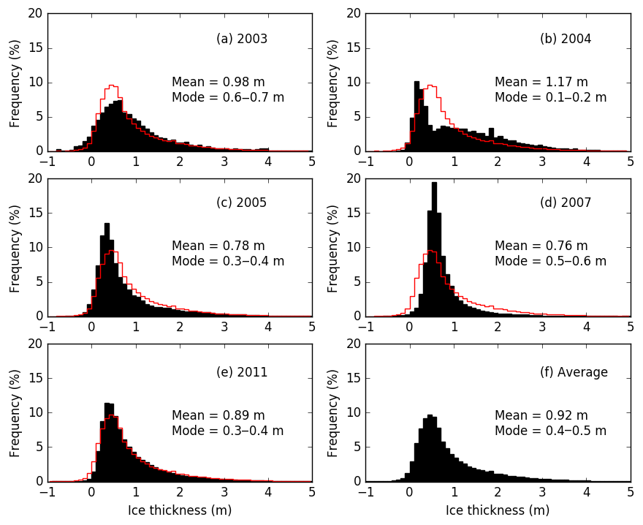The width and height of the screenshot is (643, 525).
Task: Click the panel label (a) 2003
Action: point(242,39)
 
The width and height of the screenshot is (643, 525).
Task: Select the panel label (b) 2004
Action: point(566,39)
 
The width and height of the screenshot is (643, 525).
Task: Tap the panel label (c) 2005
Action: point(242,203)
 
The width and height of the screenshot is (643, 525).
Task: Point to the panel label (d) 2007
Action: point(566,203)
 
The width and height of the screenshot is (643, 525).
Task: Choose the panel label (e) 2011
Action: point(242,372)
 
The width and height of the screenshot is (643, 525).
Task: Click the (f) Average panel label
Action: point(574,372)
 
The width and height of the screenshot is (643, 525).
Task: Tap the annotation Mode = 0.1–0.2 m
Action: point(550,97)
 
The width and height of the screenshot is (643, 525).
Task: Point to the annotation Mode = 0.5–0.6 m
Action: point(550,261)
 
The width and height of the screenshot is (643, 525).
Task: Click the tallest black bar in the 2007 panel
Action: point(434,249)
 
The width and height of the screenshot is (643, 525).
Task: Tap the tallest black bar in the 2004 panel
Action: point(416,117)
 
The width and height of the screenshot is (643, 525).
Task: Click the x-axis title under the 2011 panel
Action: point(180,510)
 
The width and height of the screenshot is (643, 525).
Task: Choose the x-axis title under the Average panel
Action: point(498,510)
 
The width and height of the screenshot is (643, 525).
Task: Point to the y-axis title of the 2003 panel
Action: point(15,82)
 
